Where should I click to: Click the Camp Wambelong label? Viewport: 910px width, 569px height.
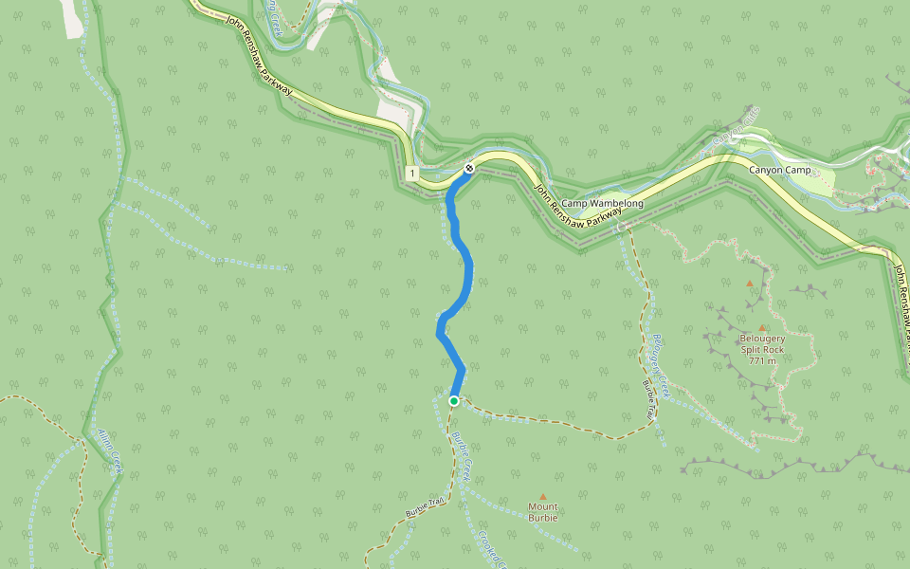(x=602, y=204)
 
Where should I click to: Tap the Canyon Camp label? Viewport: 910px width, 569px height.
(x=780, y=171)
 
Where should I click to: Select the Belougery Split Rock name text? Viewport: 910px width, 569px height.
(x=762, y=343)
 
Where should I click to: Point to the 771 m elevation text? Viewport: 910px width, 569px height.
(x=762, y=360)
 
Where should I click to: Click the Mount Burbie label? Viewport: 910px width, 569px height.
(x=543, y=512)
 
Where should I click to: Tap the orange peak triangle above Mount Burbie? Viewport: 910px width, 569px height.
(x=543, y=496)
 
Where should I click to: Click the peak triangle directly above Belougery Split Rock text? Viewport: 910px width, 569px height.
(x=761, y=328)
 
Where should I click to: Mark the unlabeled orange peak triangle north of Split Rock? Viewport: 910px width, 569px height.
(x=750, y=283)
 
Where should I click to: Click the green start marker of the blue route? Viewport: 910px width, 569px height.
(x=454, y=401)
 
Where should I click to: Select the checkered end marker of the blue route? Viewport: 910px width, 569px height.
(x=468, y=169)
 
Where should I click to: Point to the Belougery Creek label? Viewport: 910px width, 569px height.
(x=661, y=364)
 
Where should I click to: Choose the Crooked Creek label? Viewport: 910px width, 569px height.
(x=489, y=548)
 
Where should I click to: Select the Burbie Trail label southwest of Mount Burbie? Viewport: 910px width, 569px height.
(x=425, y=507)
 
